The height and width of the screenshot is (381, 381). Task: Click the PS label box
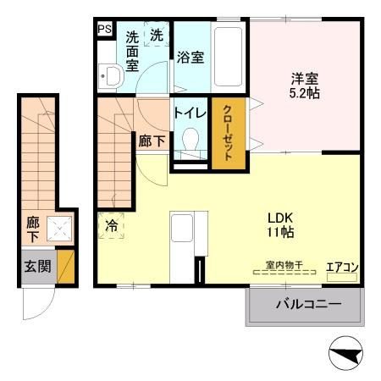pos(104,30)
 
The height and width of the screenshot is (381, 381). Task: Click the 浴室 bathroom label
pos(190,58)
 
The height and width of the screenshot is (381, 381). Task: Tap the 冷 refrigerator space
pos(113,226)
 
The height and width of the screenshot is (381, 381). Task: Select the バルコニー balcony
pos(306,304)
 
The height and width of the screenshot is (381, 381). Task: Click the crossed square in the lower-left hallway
pos(59,227)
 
